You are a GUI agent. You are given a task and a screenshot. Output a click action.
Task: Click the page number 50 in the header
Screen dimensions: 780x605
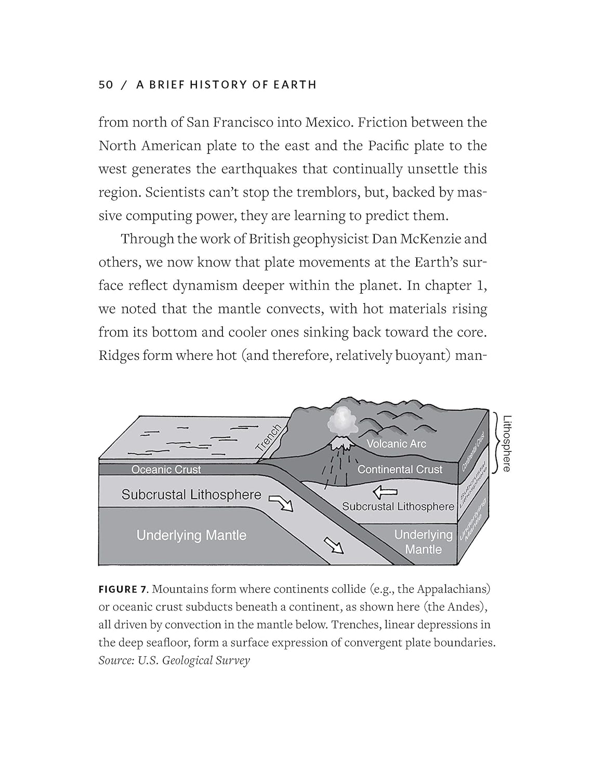(x=106, y=85)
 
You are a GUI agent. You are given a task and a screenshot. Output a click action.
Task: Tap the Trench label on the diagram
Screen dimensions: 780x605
(x=269, y=437)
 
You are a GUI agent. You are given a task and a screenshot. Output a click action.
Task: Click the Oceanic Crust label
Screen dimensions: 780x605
(x=166, y=470)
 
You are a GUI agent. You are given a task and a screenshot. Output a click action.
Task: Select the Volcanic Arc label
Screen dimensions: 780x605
(x=396, y=444)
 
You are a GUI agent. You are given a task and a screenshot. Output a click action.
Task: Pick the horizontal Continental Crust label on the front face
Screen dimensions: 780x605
(x=400, y=469)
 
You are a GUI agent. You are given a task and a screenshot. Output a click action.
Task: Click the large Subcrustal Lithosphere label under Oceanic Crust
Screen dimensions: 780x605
(x=191, y=495)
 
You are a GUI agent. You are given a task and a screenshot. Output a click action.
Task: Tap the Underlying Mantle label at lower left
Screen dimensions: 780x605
(x=191, y=535)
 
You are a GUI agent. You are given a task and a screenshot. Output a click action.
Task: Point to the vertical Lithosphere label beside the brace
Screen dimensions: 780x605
(x=507, y=443)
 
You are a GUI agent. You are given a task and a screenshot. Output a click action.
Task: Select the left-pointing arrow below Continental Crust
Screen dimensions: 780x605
(x=386, y=491)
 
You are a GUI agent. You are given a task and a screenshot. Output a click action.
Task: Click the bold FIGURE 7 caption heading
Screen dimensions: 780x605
(x=124, y=589)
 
